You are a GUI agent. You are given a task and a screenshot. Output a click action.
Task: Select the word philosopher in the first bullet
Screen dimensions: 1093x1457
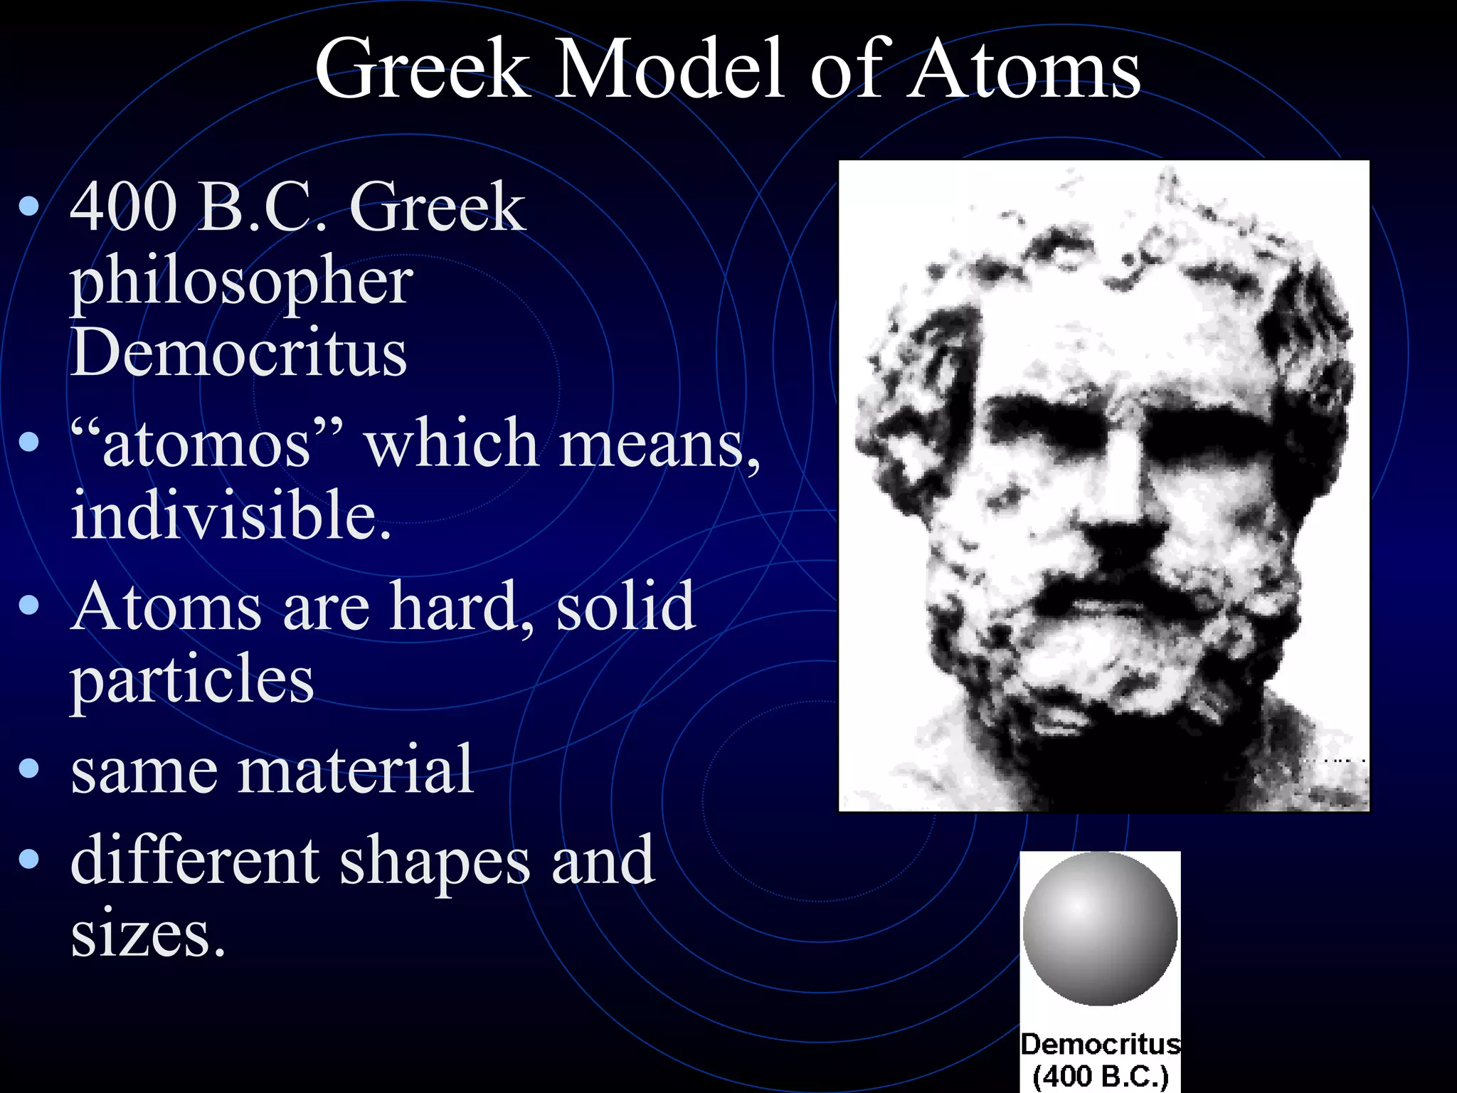[x=241, y=282]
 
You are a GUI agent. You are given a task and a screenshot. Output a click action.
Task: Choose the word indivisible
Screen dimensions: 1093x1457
[x=231, y=514]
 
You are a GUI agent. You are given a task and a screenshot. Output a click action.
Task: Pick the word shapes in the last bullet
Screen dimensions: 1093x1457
[x=435, y=861]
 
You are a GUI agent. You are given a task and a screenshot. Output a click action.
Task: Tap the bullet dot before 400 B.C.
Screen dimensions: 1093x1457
[x=29, y=206]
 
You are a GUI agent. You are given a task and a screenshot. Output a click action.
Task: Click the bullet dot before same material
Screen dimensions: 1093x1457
[x=29, y=769]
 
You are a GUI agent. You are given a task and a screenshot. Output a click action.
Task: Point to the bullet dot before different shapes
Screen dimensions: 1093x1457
[x=29, y=860]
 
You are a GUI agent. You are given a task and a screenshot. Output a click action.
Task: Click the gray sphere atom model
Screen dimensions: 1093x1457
[x=1100, y=929]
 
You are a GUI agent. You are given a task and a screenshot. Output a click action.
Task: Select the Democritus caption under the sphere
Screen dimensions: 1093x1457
[x=1100, y=1044]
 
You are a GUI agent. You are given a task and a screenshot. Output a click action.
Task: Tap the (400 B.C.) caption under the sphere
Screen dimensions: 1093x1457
[x=1100, y=1077]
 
